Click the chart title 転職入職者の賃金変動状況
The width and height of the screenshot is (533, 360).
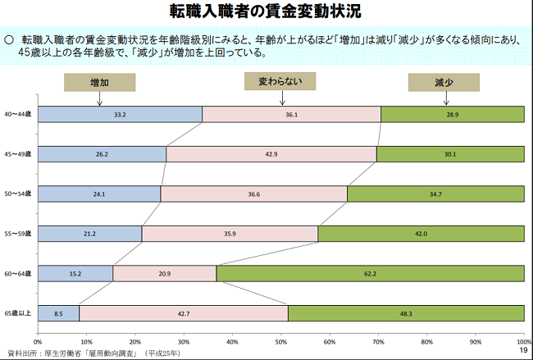266,12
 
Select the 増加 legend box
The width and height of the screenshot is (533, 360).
99,83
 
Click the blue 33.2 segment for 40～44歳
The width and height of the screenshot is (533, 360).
120,115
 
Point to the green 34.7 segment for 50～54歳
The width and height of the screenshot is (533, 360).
435,194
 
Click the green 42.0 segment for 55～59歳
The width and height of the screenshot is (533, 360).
421,233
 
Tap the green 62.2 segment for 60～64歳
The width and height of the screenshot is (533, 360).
371,273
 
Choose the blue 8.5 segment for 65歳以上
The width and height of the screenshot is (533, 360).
58,312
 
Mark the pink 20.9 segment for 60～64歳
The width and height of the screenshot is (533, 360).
165,273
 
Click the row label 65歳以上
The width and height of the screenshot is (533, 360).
18,313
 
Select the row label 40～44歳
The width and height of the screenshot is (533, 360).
18,115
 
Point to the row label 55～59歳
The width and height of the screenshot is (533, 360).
18,234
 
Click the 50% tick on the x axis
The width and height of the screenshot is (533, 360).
280,339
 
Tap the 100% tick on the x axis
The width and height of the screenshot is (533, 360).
522,339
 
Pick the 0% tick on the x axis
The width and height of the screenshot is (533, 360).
38,339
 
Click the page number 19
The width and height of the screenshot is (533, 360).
522,351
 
